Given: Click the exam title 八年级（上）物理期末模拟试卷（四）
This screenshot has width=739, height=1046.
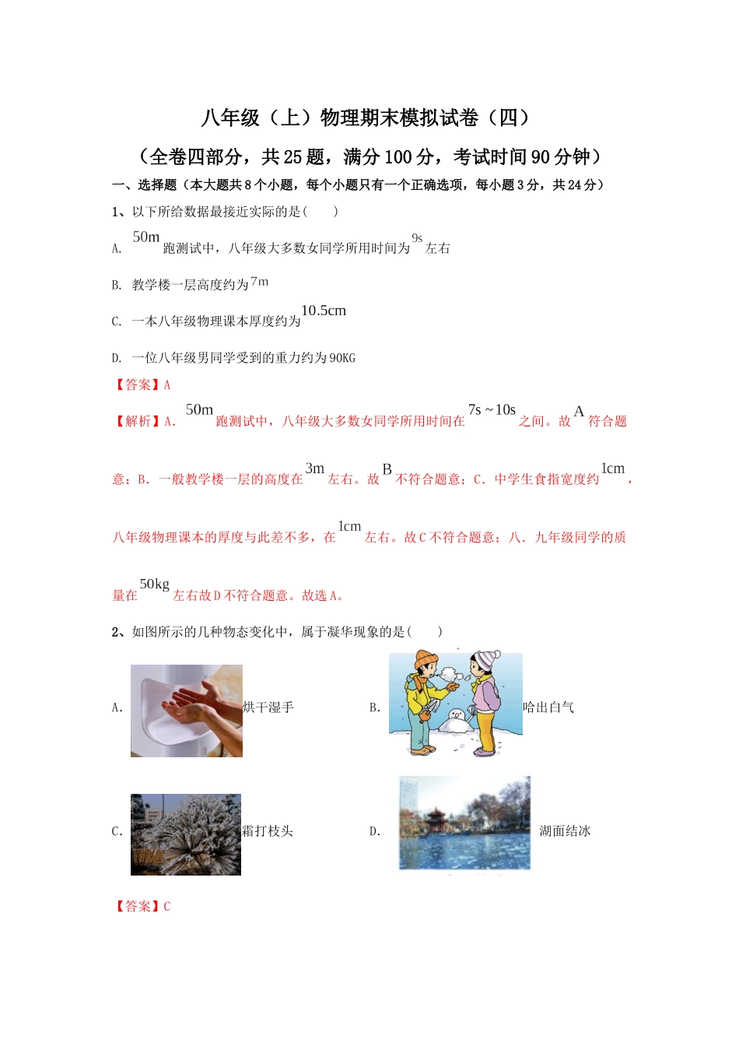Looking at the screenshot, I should (x=366, y=118).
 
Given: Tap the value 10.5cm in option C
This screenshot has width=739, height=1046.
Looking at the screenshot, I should (x=324, y=311).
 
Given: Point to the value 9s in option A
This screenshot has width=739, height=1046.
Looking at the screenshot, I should (x=417, y=238).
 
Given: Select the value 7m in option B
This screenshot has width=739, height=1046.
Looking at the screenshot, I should (x=260, y=282).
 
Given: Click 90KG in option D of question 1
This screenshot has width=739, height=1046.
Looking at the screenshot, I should (x=342, y=358).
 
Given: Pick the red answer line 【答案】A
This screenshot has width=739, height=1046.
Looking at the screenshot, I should (x=142, y=384).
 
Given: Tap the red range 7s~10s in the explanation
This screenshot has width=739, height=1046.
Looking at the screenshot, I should (x=492, y=410).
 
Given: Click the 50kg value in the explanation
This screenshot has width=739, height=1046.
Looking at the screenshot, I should (x=154, y=584).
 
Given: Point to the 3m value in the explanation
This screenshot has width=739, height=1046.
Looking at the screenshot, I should (x=314, y=469).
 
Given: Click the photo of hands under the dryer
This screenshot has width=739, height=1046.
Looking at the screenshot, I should (x=187, y=711).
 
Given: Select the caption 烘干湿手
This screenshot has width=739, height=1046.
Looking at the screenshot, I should (x=268, y=707).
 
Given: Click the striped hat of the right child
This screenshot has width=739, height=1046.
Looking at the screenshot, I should (x=486, y=660).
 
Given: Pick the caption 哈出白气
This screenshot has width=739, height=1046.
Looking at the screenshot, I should (x=548, y=707).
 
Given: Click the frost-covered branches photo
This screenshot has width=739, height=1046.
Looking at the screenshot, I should (x=186, y=834).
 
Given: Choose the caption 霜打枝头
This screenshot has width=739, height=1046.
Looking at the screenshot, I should (x=268, y=831).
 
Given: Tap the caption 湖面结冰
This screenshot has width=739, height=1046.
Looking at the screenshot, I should (x=565, y=831).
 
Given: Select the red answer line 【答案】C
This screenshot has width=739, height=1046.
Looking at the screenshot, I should (x=142, y=906).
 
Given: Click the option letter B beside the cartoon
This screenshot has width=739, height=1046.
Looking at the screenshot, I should (x=374, y=708).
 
